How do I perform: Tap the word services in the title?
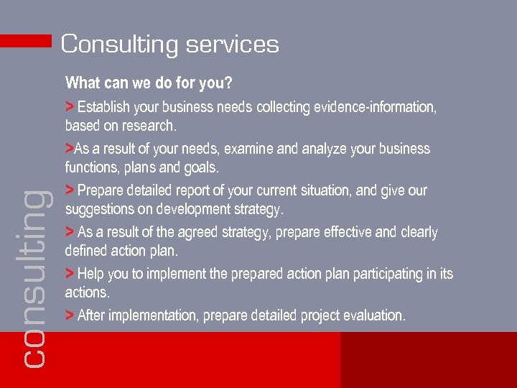point(232,45)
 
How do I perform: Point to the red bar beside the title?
point(26,42)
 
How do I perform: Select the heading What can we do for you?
point(149,83)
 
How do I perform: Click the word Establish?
point(103,108)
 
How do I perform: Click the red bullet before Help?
point(69,273)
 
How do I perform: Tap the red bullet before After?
point(69,315)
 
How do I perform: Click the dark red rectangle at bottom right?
point(428,360)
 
